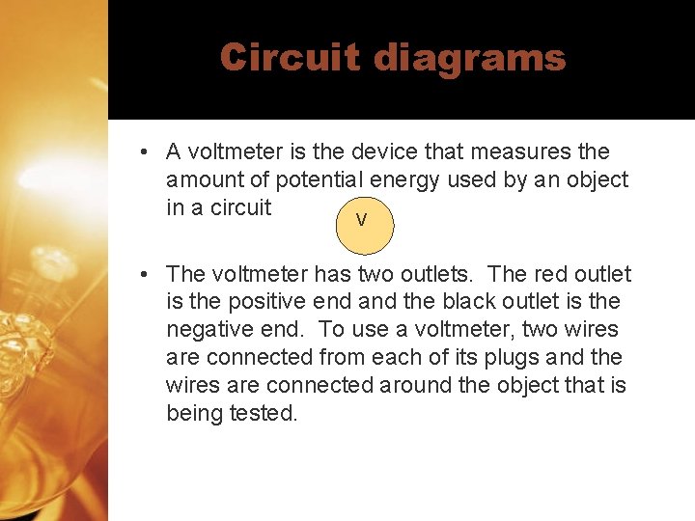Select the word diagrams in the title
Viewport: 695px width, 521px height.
pyautogui.click(x=469, y=58)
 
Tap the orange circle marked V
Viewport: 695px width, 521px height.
pyautogui.click(x=361, y=221)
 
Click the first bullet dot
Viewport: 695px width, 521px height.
pyautogui.click(x=142, y=152)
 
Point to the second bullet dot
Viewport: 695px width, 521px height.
pyautogui.click(x=142, y=275)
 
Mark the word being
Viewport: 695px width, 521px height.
pyautogui.click(x=195, y=414)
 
